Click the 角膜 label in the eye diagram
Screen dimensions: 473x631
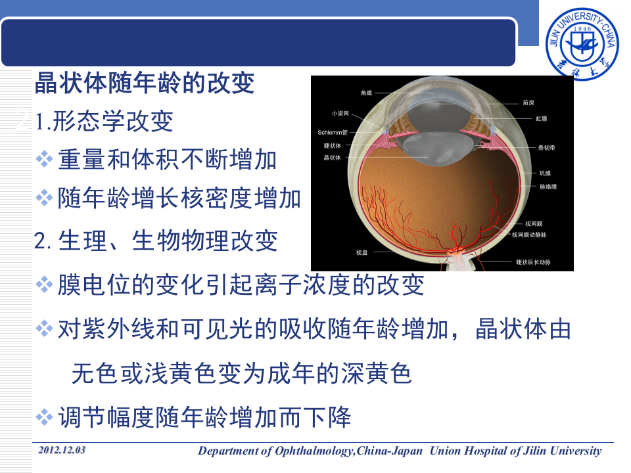(x=367, y=94)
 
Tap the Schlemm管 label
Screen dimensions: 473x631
(x=332, y=132)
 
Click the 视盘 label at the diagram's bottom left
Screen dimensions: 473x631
(x=362, y=252)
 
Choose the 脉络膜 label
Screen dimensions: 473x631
(x=548, y=187)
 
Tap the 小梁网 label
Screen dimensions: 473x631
(x=340, y=113)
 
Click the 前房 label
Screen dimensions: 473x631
(x=528, y=102)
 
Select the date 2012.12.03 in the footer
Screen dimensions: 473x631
(x=62, y=450)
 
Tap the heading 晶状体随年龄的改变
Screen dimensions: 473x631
(x=144, y=84)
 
